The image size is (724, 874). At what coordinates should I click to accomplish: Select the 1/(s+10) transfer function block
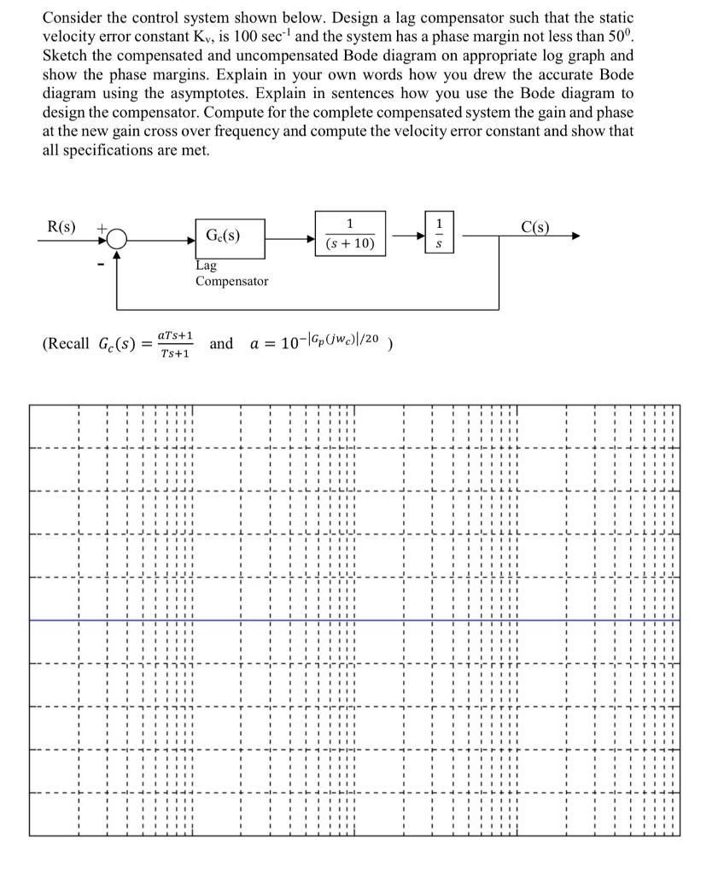(350, 234)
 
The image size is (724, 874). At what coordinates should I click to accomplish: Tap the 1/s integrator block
(439, 233)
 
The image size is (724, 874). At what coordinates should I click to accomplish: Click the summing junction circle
(117, 241)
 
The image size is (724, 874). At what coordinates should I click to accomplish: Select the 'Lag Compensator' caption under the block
(231, 273)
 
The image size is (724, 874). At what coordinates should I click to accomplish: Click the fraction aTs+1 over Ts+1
(175, 345)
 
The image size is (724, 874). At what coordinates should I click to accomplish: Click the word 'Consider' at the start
(70, 16)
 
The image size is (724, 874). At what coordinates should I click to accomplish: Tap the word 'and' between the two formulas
(220, 343)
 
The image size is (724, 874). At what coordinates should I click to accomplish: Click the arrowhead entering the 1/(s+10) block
(311, 241)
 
